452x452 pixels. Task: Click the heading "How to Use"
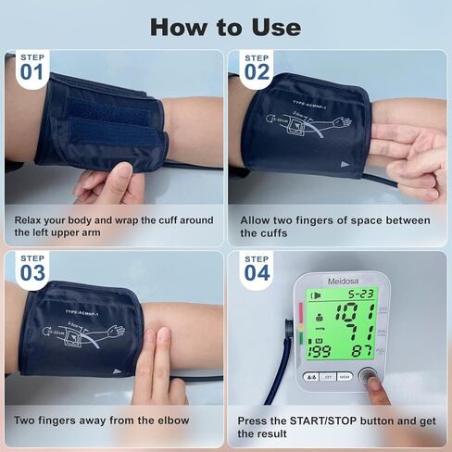click(x=225, y=26)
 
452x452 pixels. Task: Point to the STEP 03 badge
click(x=31, y=268)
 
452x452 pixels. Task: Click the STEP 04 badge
click(x=257, y=268)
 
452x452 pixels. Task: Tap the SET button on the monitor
click(x=325, y=378)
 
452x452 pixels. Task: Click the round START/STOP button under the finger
click(x=370, y=377)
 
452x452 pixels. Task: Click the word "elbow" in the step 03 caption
click(x=167, y=421)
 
